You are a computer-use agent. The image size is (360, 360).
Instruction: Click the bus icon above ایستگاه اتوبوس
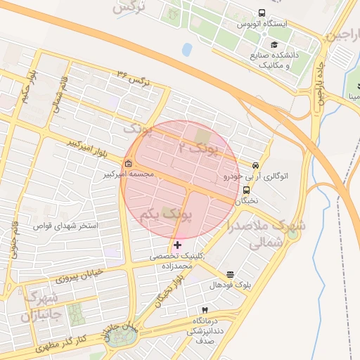[x=262, y=13]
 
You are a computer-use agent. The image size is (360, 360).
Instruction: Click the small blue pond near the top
[x=187, y=50]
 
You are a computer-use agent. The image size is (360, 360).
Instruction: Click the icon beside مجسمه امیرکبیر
[x=127, y=165]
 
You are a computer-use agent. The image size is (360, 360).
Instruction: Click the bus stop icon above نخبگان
[x=246, y=190]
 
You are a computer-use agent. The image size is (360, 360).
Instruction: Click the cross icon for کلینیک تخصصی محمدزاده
[x=177, y=245]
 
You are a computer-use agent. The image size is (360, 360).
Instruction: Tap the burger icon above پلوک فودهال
[x=230, y=274]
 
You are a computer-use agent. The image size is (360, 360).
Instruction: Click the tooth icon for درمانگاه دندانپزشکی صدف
[x=205, y=310]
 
